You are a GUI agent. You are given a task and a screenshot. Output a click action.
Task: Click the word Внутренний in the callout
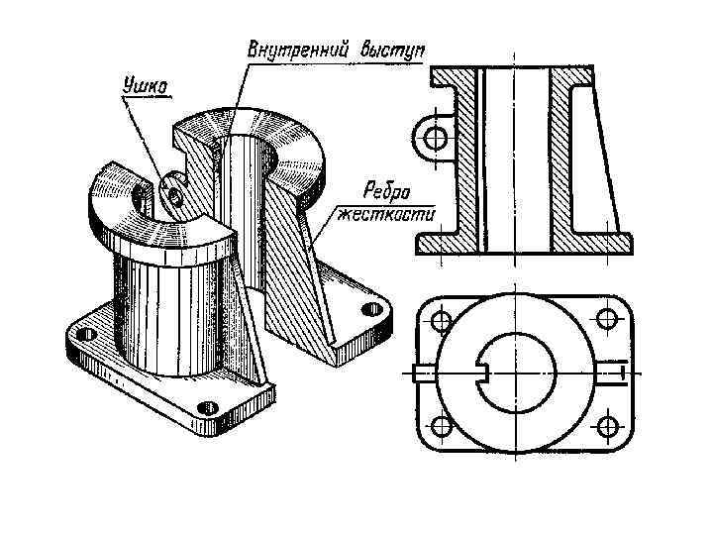coord(293,50)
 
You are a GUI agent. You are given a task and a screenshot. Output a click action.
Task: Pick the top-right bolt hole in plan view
coord(603,319)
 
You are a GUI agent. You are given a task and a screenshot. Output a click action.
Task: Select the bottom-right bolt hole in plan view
coord(603,426)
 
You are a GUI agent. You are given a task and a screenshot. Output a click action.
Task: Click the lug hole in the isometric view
coord(174,196)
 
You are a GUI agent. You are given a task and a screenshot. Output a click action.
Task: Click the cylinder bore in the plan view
coord(519,373)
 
